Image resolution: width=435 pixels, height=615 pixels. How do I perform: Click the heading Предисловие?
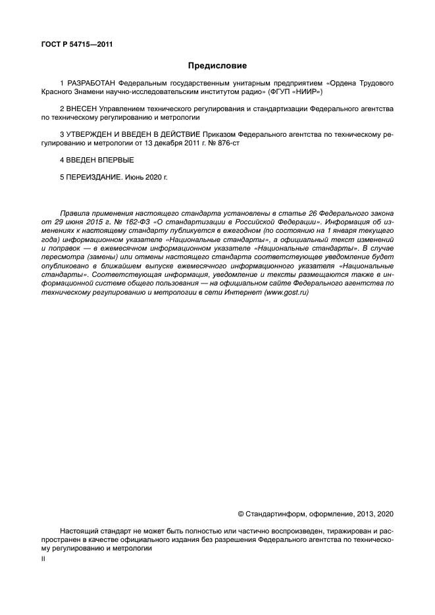click(x=217, y=66)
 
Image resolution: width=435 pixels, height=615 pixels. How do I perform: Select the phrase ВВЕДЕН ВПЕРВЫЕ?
click(x=99, y=160)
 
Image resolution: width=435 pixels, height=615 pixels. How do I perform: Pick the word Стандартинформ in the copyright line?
click(x=270, y=514)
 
